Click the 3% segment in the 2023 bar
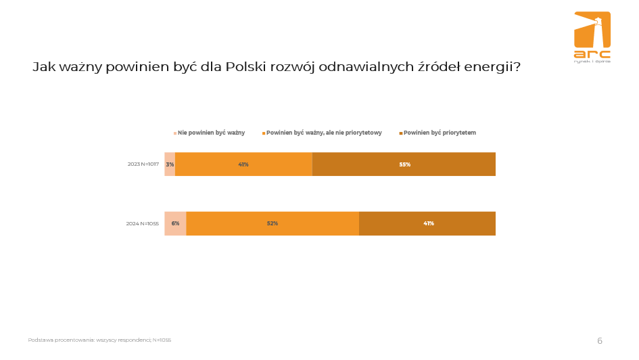click(x=170, y=164)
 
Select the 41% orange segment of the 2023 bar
click(x=243, y=164)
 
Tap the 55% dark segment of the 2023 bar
click(x=404, y=164)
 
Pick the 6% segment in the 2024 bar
click(x=175, y=223)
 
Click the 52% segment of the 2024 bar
click(x=273, y=223)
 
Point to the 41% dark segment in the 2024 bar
click(x=428, y=223)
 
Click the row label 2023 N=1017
click(x=143, y=164)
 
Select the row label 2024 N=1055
click(x=143, y=223)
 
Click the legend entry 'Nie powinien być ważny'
click(x=211, y=133)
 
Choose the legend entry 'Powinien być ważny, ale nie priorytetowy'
click(x=324, y=133)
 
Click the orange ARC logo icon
click(x=592, y=30)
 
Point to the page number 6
click(x=599, y=341)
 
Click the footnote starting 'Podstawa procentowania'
click(x=99, y=340)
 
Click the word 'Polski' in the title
click(x=247, y=68)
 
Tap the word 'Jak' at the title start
click(x=44, y=68)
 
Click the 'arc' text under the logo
click(x=592, y=53)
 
